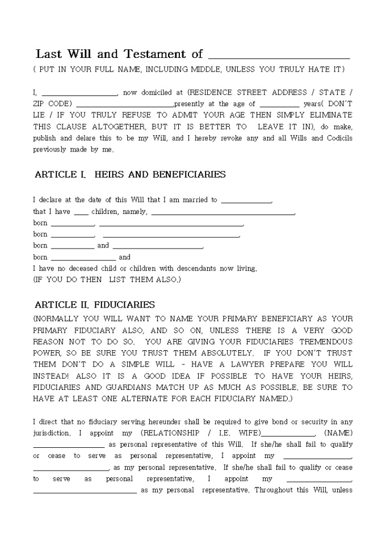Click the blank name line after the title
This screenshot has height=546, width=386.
pos(279,57)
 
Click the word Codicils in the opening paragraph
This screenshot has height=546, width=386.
pos(335,138)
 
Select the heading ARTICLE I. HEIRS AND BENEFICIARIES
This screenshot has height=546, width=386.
pos(130,175)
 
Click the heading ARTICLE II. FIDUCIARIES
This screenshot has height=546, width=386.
pos(94,305)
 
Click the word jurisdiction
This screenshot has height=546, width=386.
pos(52,433)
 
